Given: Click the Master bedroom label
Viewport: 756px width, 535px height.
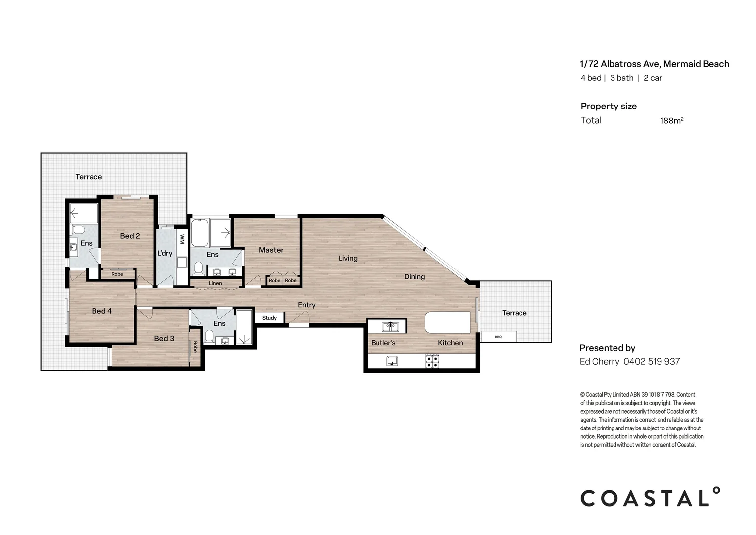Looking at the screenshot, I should click(271, 250).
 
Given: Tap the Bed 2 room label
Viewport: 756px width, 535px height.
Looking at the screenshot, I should click(130, 236).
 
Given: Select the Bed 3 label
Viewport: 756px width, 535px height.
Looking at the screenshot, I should click(164, 339).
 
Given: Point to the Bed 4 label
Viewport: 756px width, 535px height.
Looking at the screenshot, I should click(101, 311).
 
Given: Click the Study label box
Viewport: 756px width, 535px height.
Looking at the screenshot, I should click(270, 318).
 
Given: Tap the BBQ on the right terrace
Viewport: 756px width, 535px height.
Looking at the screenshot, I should click(499, 337).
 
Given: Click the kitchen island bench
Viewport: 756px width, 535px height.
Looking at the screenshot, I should click(447, 323).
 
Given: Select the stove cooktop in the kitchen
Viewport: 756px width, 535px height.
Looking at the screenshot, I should click(432, 361).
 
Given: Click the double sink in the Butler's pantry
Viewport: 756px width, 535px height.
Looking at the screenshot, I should click(390, 326).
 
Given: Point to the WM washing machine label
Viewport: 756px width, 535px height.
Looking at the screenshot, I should click(182, 239).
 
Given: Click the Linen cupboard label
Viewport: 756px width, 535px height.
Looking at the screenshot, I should click(215, 283).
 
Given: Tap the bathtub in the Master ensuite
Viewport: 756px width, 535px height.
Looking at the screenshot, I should click(200, 233).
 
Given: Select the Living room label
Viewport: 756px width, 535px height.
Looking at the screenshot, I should click(348, 258).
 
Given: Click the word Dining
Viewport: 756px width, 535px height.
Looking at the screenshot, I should click(414, 277).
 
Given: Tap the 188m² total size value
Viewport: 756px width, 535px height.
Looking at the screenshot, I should click(671, 121).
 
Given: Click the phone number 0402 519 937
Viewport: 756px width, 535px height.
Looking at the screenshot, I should click(652, 362).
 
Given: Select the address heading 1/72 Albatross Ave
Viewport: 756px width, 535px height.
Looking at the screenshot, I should click(654, 64).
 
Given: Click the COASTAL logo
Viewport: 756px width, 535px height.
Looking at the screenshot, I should click(650, 497).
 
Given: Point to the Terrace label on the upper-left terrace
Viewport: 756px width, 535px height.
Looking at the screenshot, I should click(89, 177).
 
